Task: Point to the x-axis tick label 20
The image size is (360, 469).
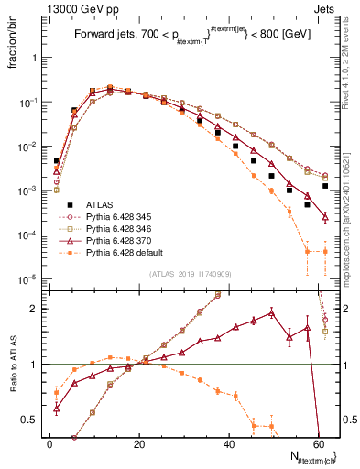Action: (x=139, y=443)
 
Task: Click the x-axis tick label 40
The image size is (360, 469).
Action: (x=229, y=443)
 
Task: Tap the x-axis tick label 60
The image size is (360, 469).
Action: (x=318, y=443)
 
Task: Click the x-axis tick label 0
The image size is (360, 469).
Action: (x=49, y=443)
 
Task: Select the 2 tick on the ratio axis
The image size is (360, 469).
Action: (x=37, y=309)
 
